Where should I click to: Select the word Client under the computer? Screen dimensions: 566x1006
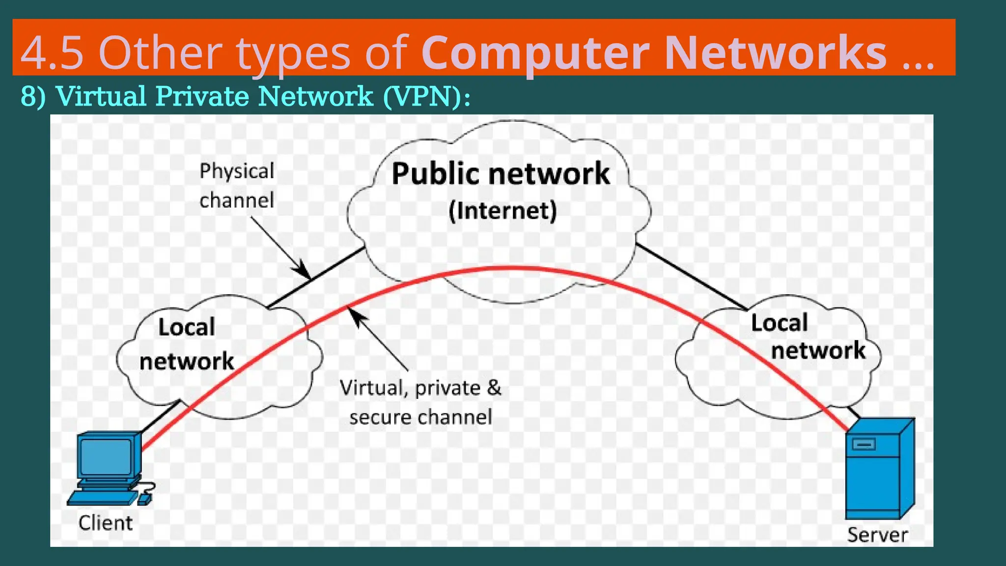pyautogui.click(x=106, y=523)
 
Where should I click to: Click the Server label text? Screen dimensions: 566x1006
pyautogui.click(x=877, y=535)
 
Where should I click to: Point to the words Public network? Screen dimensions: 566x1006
pyautogui.click(x=501, y=174)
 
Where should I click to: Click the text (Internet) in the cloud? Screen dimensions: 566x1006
pyautogui.click(x=503, y=211)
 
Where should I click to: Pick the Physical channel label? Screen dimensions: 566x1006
pyautogui.click(x=237, y=186)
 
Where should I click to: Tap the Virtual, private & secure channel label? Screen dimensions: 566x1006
pyautogui.click(x=420, y=402)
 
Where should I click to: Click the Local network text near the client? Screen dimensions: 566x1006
pyautogui.click(x=187, y=344)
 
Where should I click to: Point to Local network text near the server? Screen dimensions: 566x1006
pyautogui.click(x=806, y=337)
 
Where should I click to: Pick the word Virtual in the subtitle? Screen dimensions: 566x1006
pyautogui.click(x=101, y=96)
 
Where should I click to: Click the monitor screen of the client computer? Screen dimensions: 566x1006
pyautogui.click(x=106, y=456)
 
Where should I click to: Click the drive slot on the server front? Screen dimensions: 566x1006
pyautogui.click(x=864, y=445)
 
